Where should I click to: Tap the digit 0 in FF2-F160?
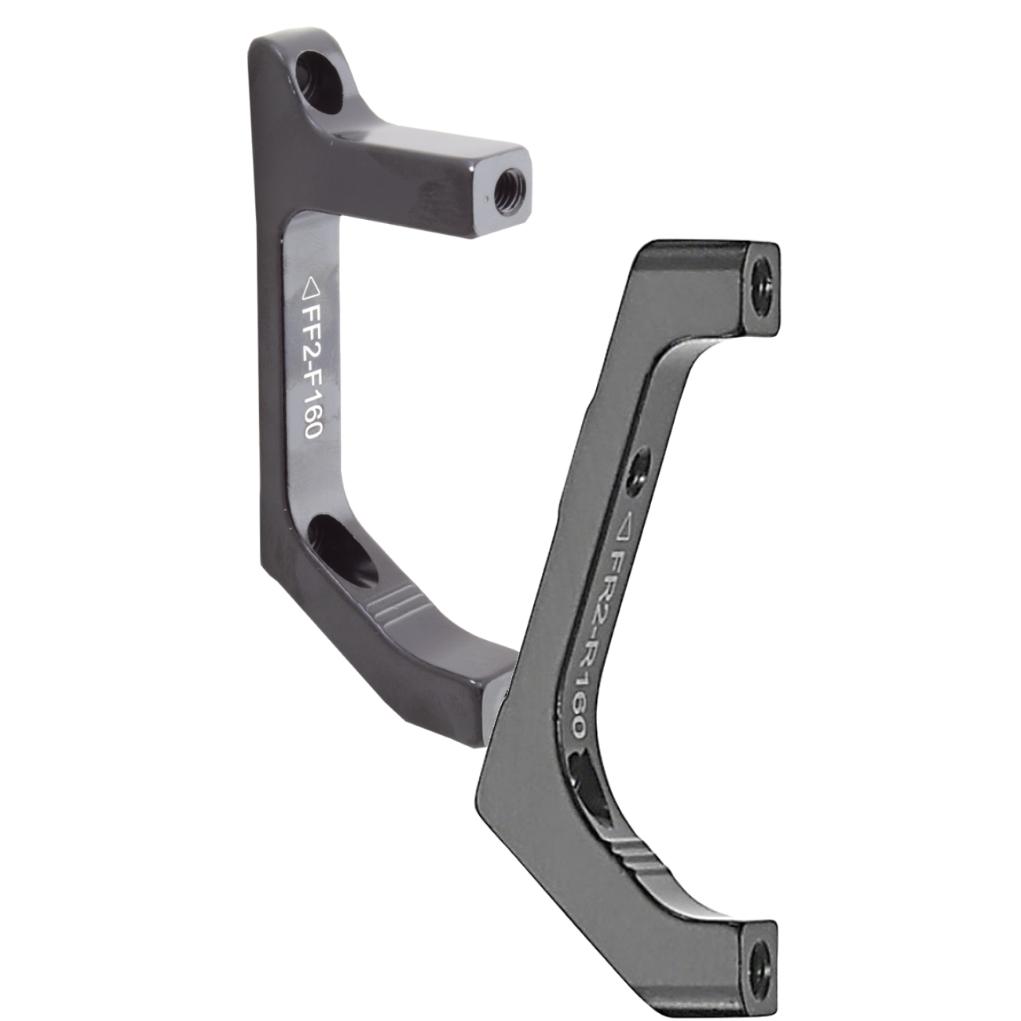(309, 430)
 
